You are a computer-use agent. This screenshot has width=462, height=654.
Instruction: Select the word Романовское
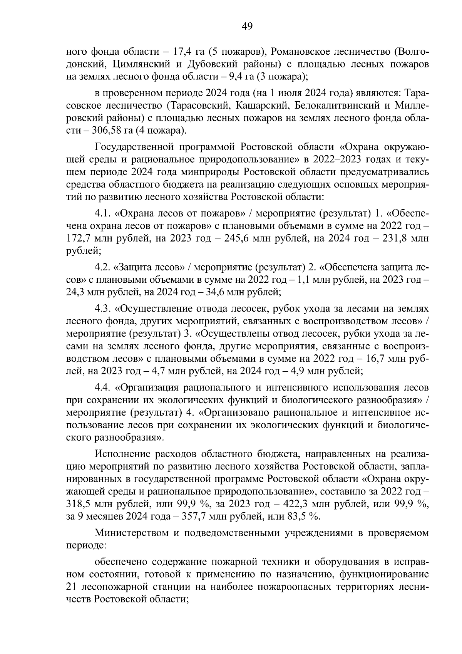[299, 52]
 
